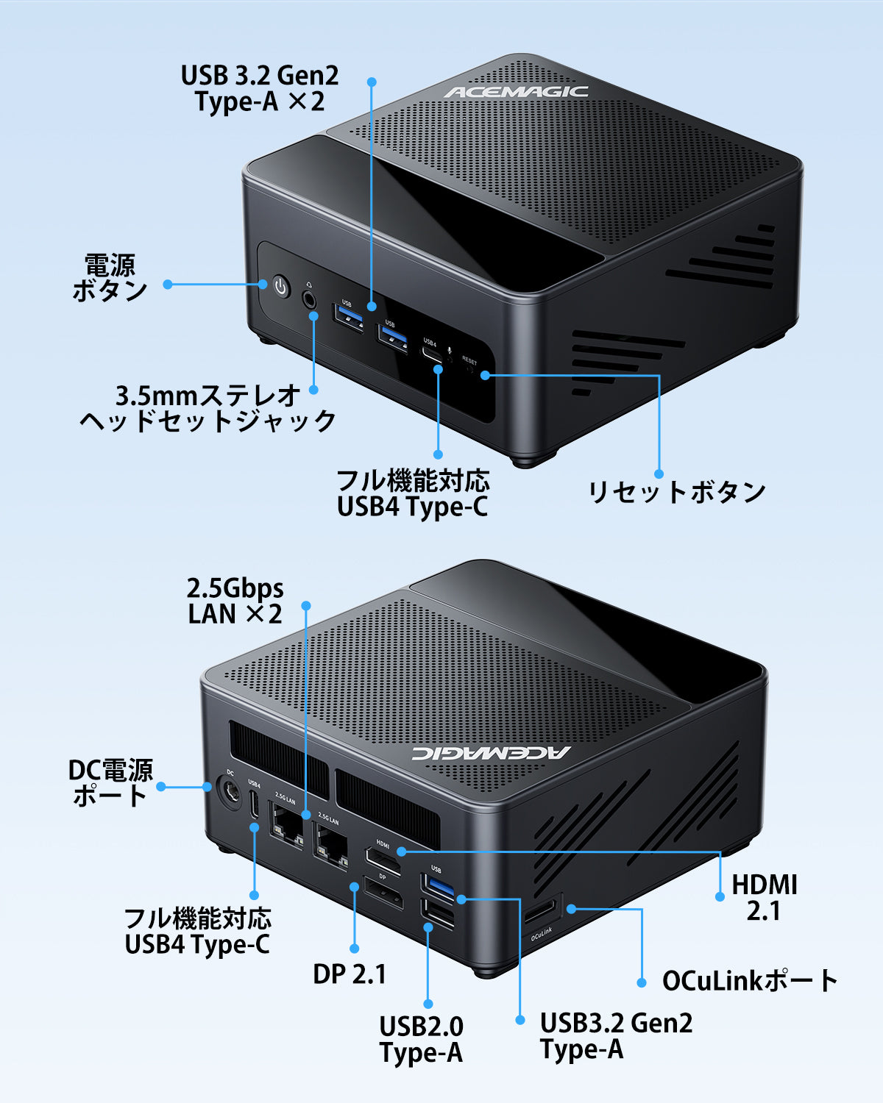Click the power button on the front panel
(280, 287)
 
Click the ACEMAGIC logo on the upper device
(516, 92)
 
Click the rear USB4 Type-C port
(255, 806)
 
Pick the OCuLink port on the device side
(542, 915)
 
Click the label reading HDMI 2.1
(764, 897)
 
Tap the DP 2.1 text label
(350, 974)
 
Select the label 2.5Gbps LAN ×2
(235, 601)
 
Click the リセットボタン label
(677, 492)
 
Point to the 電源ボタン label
(110, 277)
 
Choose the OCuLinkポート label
(750, 980)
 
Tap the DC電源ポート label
(110, 782)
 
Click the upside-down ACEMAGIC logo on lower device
(490, 752)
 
